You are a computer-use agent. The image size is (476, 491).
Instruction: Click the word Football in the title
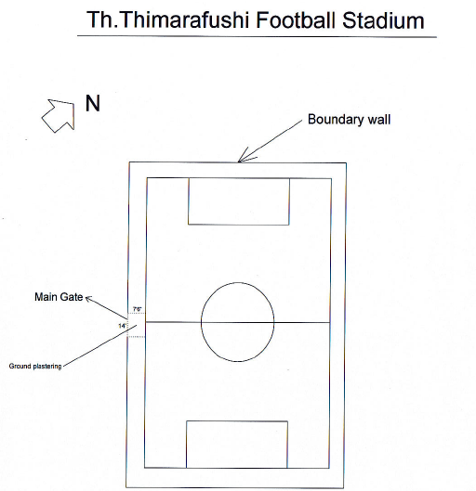coord(296,20)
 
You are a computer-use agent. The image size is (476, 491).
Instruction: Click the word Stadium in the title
coord(383,20)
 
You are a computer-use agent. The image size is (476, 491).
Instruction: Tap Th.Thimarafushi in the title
coord(167,20)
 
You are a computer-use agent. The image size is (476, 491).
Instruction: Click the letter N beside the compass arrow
coord(93,103)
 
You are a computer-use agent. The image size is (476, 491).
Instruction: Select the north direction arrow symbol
coord(59,115)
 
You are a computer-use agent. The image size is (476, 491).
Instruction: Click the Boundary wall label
coord(349,120)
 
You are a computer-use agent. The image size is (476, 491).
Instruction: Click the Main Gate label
coord(59,297)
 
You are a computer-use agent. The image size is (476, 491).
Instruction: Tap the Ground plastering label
coord(35,366)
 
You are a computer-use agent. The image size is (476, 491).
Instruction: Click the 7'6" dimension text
coord(137,309)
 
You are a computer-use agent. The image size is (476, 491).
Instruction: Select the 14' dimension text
coord(122,326)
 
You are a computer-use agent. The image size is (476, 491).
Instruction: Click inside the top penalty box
coord(239,201)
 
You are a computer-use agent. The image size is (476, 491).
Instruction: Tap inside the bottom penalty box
coord(237,445)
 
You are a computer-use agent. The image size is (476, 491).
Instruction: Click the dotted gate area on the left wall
coord(136,325)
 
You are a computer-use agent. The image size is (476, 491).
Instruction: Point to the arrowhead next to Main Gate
coord(88,298)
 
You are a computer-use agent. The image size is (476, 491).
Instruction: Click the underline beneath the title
coord(257,36)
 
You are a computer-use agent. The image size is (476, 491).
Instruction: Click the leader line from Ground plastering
coord(99,345)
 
